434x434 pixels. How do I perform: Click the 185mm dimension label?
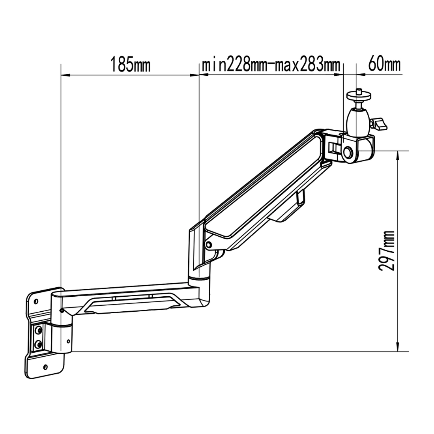pos(130,64)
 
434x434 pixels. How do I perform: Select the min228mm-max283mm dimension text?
pos(271,64)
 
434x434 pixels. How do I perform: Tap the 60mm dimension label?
pos(384,64)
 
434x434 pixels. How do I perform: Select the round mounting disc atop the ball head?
pos(359,95)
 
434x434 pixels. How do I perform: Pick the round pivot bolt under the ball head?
pos(348,152)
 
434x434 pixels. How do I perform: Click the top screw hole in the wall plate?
pos(36,301)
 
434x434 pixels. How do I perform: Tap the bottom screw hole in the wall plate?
pos(46,367)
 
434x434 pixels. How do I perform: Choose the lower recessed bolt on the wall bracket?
pos(38,344)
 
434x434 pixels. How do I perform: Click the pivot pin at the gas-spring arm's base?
pos(209,245)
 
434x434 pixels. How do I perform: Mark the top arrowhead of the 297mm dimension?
pos(398,155)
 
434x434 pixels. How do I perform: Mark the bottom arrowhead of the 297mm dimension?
pos(398,347)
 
